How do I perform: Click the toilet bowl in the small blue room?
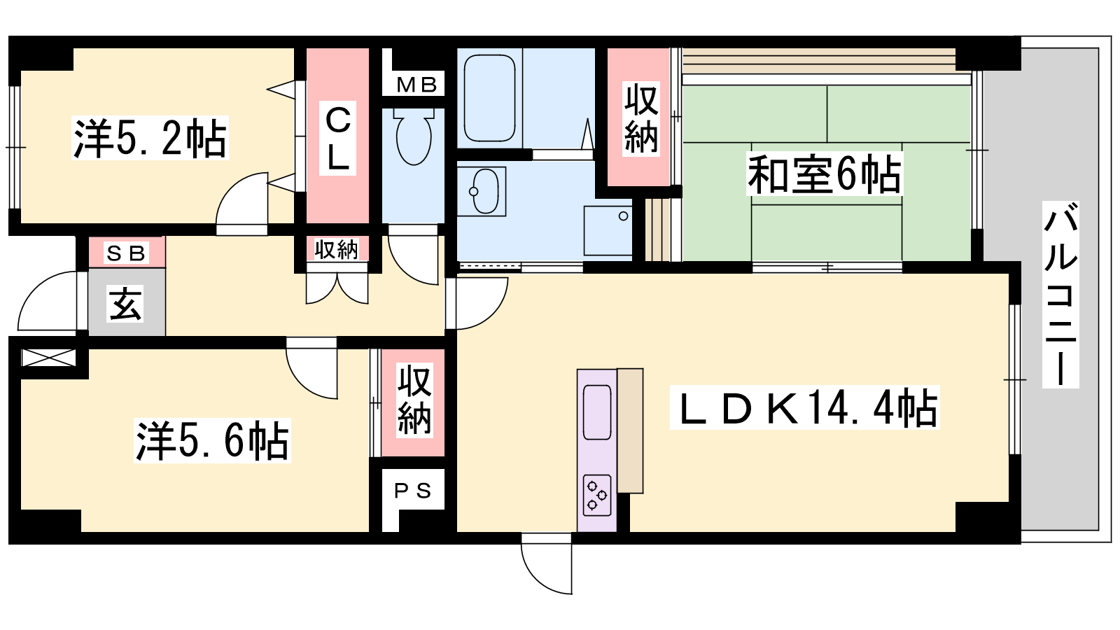click(x=414, y=137)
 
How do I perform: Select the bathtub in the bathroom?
click(x=489, y=98)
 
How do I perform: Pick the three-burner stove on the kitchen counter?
click(x=597, y=495)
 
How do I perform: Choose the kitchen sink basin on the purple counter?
click(x=597, y=412)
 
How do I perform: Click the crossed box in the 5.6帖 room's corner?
click(x=48, y=358)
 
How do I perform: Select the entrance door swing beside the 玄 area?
click(x=48, y=300)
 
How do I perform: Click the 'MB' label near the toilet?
click(x=416, y=85)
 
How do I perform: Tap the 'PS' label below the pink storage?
click(x=412, y=491)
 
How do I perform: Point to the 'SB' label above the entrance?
click(x=126, y=253)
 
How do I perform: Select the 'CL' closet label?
click(x=338, y=139)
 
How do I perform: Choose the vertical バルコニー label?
click(x=1060, y=295)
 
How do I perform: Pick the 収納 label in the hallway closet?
click(x=337, y=249)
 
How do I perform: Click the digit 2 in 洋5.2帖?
click(x=171, y=139)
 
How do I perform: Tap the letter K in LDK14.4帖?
click(x=780, y=408)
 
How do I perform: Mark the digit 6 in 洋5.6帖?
click(x=232, y=441)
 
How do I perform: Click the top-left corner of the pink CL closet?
click(x=307, y=48)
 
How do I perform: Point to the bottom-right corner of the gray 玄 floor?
click(x=165, y=335)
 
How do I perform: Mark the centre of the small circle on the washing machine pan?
click(x=623, y=216)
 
